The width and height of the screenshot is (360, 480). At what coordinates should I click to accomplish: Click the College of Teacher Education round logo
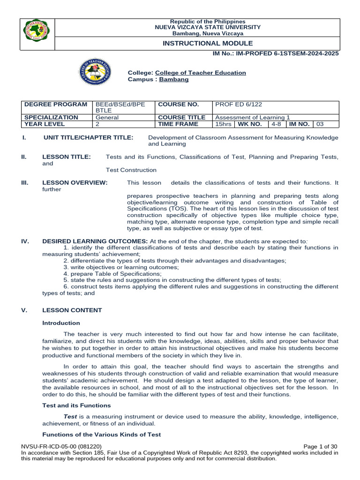point(96,72)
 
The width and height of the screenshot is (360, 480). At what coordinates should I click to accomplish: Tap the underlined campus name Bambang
point(174,80)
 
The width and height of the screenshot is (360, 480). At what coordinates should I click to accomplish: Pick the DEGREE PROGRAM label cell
point(56,104)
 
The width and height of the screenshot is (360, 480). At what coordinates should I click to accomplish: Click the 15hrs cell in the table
point(223,124)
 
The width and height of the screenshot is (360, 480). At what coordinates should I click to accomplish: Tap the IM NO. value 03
point(320,124)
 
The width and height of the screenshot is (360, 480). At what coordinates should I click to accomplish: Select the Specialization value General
point(107,118)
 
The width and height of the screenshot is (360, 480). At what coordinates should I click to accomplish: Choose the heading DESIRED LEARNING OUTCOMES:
point(95,241)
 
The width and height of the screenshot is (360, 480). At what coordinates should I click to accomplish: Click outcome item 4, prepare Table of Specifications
point(112,273)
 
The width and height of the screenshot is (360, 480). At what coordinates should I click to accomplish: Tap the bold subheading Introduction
point(61,323)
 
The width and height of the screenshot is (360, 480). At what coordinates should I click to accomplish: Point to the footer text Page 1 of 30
point(321,446)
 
